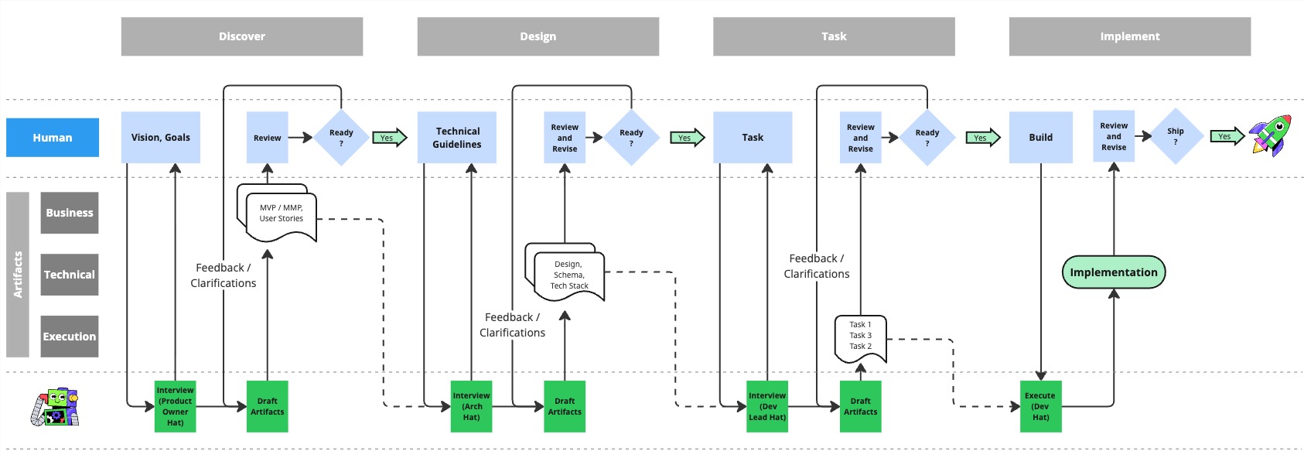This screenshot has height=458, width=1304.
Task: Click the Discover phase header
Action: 241,36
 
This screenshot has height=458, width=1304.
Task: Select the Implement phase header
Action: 1129,36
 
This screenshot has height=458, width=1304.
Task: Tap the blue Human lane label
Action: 53,138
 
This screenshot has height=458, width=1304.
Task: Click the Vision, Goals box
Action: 160,138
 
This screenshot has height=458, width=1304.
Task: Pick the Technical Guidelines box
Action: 457,138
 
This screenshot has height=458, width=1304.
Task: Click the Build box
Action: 1040,138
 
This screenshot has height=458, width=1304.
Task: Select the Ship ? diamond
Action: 1175,137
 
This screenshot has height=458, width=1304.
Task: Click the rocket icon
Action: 1271,135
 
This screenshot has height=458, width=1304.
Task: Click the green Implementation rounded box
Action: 1113,272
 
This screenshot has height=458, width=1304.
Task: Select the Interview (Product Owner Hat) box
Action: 175,406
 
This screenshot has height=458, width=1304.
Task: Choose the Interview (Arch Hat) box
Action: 471,406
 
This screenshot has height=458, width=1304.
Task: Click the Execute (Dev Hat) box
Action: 1040,406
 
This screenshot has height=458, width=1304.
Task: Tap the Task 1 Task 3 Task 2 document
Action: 860,337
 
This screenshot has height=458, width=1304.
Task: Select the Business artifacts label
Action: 70,213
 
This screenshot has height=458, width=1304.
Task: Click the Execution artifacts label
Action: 70,337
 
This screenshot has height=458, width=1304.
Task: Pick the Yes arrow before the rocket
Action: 1226,137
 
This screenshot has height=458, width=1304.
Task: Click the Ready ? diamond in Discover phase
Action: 341,138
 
